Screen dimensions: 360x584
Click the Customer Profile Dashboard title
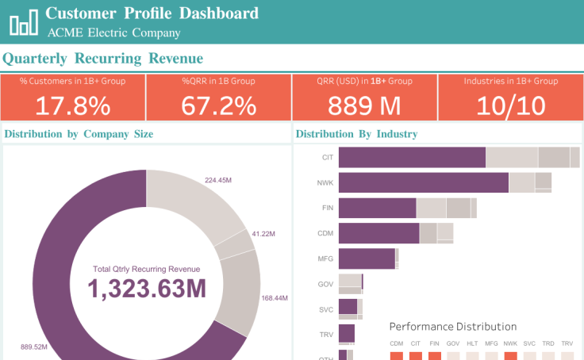coord(152,13)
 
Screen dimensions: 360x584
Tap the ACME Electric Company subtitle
coord(113,33)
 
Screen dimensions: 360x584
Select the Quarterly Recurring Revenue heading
coord(103,59)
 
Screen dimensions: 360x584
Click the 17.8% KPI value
coord(73,105)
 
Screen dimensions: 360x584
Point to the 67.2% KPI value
coord(218,105)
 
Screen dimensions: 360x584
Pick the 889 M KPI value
coord(364,105)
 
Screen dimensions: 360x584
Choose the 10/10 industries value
coord(510,105)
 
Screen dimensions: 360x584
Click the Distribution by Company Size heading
coord(79,134)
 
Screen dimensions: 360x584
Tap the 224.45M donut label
coord(217,180)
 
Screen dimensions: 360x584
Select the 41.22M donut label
coord(263,234)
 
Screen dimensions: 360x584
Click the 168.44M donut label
coord(274,298)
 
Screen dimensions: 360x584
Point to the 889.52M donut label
coord(33,347)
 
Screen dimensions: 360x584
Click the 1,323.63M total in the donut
coord(147,289)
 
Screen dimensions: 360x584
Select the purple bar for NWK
coord(424,182)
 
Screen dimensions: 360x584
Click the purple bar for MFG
coord(367,259)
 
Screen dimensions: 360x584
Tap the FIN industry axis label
coord(327,208)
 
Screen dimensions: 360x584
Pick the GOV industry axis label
coord(325,284)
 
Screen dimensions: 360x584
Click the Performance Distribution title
coord(452,327)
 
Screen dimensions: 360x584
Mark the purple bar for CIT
coord(412,157)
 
